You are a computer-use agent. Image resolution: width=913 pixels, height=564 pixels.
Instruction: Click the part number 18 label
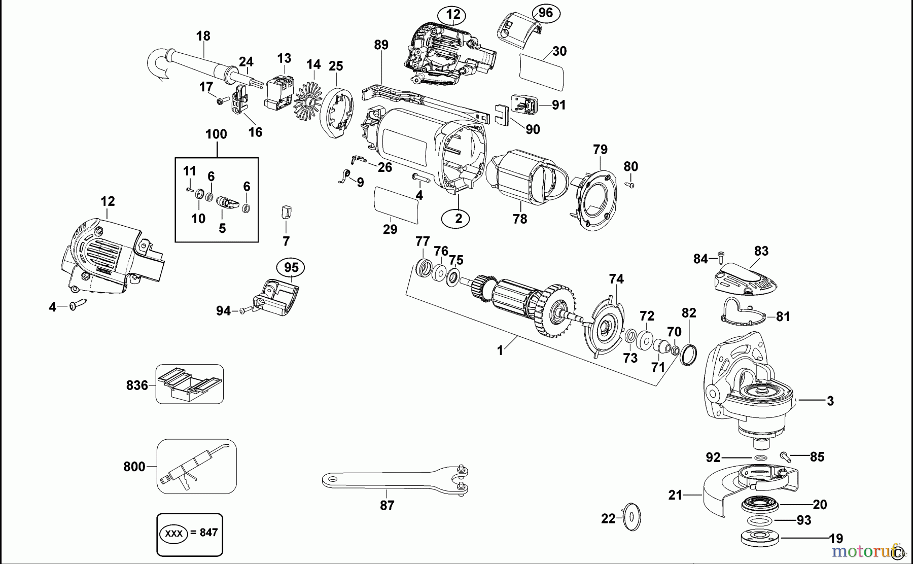pos(203,36)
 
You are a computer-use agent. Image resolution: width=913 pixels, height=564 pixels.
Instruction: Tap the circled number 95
pos(291,267)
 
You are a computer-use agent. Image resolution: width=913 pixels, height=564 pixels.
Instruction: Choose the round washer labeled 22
pos(631,517)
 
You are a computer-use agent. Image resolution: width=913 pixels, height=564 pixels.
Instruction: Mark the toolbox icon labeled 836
pos(190,384)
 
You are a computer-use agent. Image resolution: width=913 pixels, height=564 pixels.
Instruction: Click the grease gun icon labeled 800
pos(197,466)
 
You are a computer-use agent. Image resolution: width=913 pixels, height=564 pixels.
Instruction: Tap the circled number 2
pos(459,219)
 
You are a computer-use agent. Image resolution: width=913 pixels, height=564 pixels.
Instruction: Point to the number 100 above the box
pos(217,134)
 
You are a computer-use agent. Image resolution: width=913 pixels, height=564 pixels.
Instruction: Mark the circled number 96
pos(545,13)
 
